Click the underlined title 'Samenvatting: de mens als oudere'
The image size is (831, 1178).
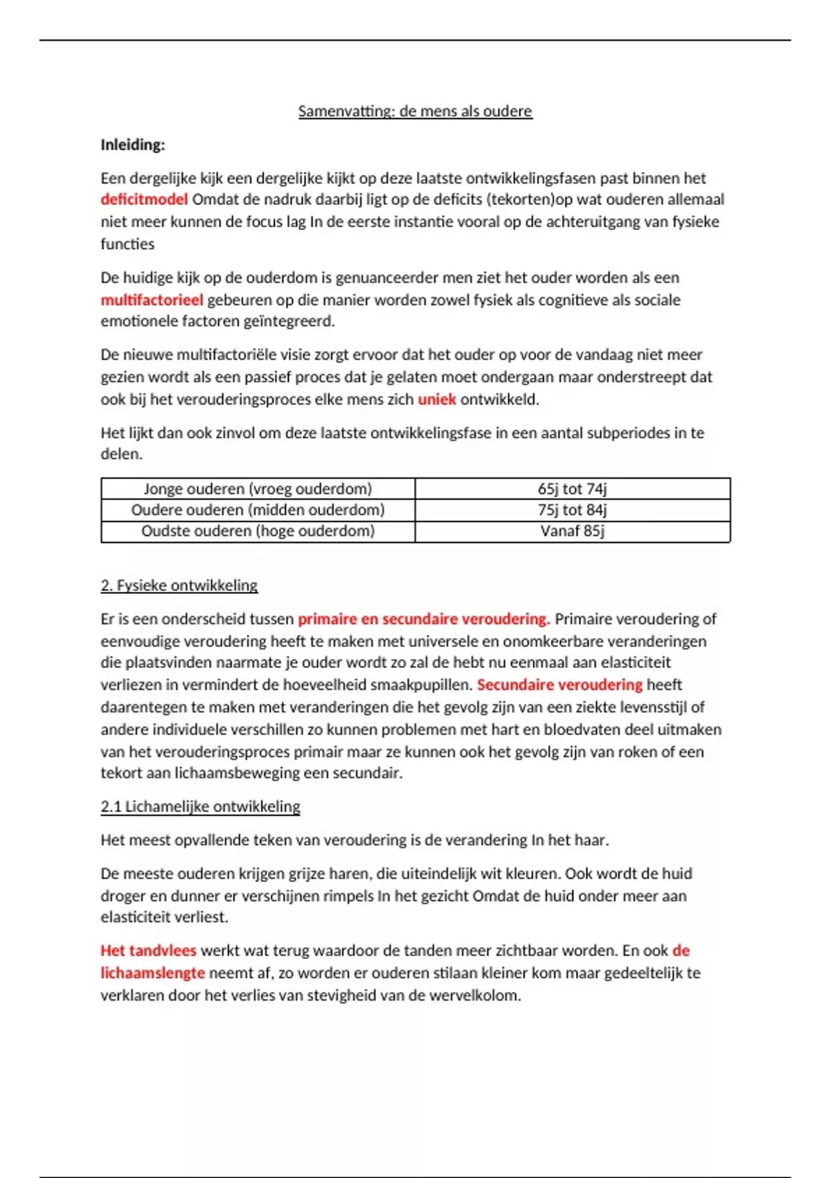415,111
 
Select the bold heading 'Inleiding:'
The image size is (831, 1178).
133,145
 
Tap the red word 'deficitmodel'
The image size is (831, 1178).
144,200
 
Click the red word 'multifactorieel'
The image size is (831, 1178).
152,300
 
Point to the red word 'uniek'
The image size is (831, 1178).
437,399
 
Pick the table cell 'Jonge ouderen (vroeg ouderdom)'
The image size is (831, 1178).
258,489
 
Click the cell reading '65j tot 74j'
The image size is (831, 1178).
572,489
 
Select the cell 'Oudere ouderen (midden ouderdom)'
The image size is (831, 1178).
258,510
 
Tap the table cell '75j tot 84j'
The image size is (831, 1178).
572,510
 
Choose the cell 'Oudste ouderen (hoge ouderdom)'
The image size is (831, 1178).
258,531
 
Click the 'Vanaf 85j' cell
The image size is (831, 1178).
572,531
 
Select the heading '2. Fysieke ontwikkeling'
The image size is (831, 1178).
179,586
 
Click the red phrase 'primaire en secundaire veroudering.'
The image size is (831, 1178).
424,619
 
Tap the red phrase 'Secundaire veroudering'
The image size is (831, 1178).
560,685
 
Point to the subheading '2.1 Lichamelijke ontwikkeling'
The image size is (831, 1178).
200,807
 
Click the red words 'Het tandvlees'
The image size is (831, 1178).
148,951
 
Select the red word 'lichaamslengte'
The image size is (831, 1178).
152,973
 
